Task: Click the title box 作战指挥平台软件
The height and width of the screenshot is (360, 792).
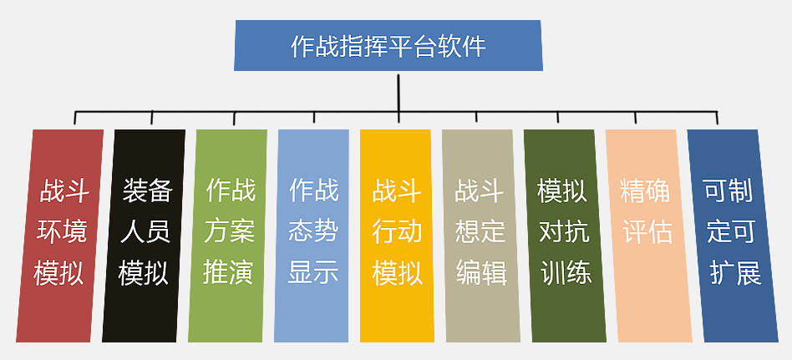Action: pyautogui.click(x=388, y=45)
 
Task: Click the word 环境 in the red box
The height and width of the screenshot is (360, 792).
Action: pyautogui.click(x=62, y=232)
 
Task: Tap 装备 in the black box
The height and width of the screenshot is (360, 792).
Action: pyautogui.click(x=147, y=191)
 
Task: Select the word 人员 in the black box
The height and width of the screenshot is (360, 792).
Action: pyautogui.click(x=145, y=232)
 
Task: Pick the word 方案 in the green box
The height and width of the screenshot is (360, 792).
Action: pyautogui.click(x=230, y=232)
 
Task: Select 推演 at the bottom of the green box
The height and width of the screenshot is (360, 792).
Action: pyautogui.click(x=228, y=273)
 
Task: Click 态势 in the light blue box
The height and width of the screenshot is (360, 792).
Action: pyautogui.click(x=313, y=232)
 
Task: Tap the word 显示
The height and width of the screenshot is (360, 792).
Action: pyautogui.click(x=313, y=273)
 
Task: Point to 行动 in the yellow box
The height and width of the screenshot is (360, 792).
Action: pyautogui.click(x=397, y=232)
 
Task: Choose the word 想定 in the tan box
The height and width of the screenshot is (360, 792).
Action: pyautogui.click(x=480, y=232)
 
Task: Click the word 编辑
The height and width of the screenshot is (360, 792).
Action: pyautogui.click(x=481, y=273)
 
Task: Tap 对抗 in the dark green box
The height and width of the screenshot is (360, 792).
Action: pyautogui.click(x=564, y=232)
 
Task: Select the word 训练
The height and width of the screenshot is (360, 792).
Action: pyautogui.click(x=566, y=273)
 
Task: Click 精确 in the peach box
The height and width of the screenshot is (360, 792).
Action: pyautogui.click(x=645, y=191)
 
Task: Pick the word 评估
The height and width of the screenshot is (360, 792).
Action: pyautogui.click(x=647, y=232)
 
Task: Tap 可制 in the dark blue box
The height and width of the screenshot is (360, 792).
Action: pyautogui.click(x=728, y=191)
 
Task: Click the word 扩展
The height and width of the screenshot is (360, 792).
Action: pyautogui.click(x=735, y=273)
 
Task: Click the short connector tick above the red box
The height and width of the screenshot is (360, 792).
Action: pyautogui.click(x=74, y=117)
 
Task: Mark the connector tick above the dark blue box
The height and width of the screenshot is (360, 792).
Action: pyautogui.click(x=717, y=117)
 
